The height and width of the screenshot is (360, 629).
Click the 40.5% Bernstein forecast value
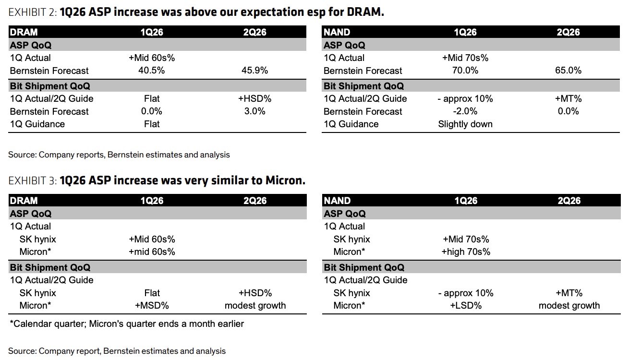click(152, 71)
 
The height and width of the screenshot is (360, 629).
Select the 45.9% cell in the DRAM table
click(254, 71)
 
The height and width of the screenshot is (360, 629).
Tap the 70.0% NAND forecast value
click(465, 71)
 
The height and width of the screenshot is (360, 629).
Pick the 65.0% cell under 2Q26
click(569, 71)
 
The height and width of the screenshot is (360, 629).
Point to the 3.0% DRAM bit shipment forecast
click(254, 111)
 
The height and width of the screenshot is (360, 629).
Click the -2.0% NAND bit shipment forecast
click(465, 111)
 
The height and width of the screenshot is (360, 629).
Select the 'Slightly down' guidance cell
click(465, 124)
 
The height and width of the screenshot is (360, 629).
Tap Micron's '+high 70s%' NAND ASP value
click(466, 252)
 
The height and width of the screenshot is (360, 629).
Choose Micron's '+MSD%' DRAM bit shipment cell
click(152, 305)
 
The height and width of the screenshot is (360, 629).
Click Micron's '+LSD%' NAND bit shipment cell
click(466, 305)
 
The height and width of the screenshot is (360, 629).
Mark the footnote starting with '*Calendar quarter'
click(127, 324)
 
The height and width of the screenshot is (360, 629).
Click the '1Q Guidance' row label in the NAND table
click(351, 124)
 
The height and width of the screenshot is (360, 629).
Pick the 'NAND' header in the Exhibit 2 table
click(337, 32)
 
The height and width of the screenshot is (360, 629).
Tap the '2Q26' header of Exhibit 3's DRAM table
click(254, 201)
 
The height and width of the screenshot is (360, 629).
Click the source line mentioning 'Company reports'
click(119, 155)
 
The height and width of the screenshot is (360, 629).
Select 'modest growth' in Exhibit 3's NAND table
click(569, 305)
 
